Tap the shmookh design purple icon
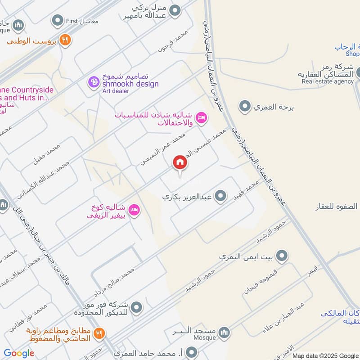94,82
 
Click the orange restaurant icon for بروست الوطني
65,40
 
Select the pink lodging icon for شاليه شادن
201,117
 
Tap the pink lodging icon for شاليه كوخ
134,210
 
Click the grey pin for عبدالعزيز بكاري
220,196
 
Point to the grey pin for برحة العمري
245,107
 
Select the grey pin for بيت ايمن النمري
282,256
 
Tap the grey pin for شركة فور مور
137,308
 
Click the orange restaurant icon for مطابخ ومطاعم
100,333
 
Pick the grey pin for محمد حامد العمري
192,351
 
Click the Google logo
19,353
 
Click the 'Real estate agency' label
328,81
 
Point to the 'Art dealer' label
116,91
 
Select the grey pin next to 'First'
57,20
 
